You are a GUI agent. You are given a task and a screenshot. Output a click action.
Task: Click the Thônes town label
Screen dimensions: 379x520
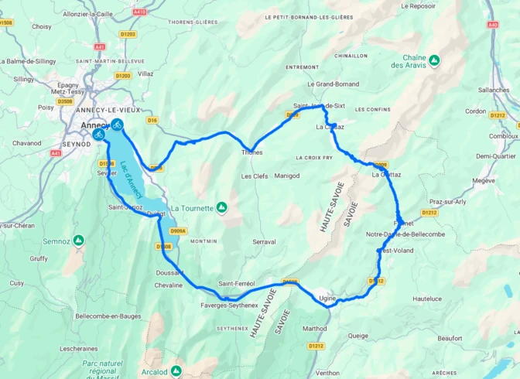coord(252,152)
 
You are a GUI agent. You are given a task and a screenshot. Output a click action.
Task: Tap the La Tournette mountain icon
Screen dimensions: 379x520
coord(222,207)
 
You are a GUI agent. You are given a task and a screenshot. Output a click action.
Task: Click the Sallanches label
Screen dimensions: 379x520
coord(494,90)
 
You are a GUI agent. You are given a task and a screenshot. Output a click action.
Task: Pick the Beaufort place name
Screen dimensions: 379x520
coord(449,338)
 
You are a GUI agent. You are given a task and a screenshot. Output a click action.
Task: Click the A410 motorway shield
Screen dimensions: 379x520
coord(139,12)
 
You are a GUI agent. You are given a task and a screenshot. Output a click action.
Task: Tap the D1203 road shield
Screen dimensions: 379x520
coord(128,34)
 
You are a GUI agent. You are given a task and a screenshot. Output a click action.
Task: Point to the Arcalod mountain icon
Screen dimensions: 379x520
coord(176,371)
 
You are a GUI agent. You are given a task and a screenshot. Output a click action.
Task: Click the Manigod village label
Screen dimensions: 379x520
coord(286,176)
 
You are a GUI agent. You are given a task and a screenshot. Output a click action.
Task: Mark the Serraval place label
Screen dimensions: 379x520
coord(264,242)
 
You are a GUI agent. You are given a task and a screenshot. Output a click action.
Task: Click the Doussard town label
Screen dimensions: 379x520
coord(168,273)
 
